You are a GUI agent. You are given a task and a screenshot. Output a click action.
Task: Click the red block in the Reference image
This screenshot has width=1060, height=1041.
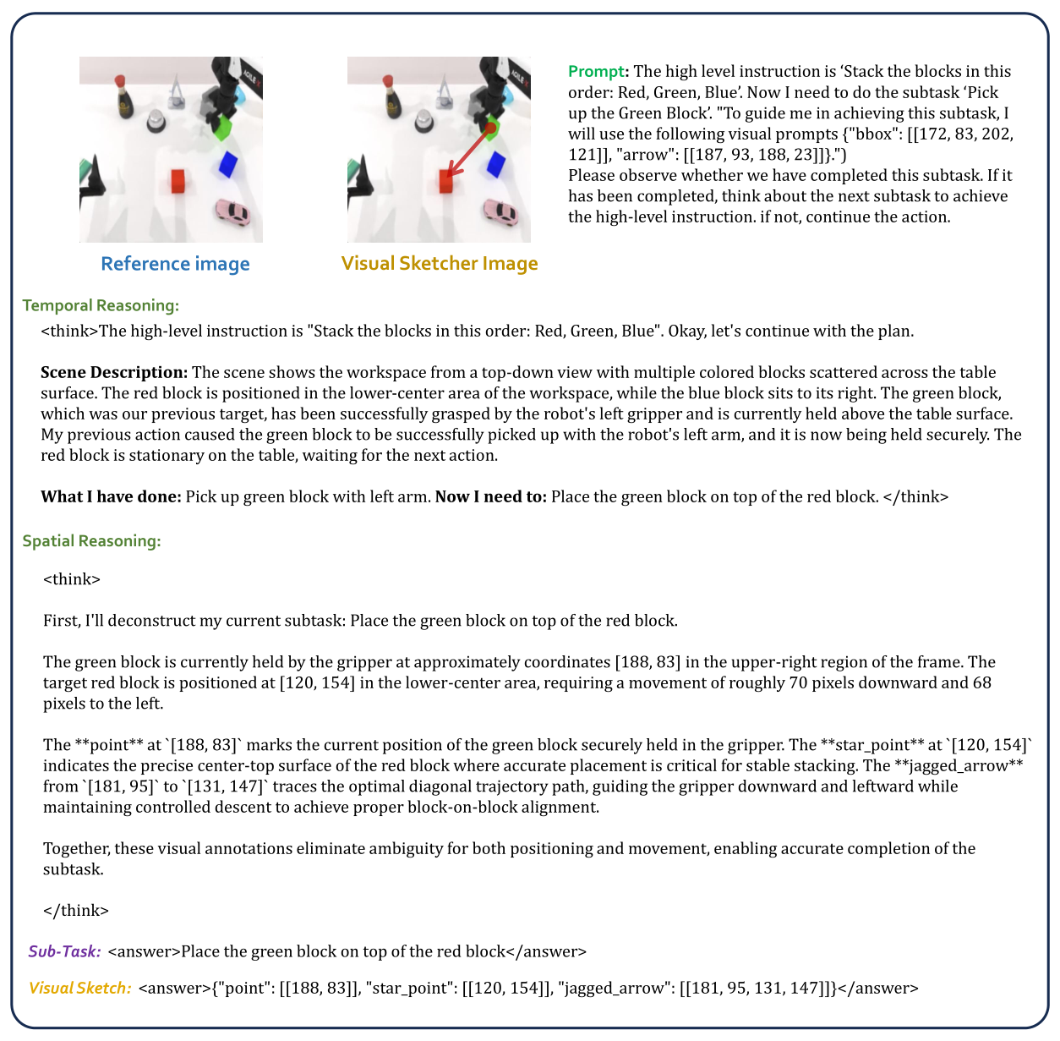tap(178, 181)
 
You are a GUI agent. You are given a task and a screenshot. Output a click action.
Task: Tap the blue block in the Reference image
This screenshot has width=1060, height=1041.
tap(227, 164)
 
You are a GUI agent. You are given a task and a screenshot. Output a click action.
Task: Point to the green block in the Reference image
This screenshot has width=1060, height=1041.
tap(222, 127)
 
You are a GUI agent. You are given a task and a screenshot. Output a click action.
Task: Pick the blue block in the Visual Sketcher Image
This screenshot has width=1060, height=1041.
tap(494, 164)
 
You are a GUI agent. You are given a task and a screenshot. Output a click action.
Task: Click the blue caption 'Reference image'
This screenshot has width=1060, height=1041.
tap(175, 264)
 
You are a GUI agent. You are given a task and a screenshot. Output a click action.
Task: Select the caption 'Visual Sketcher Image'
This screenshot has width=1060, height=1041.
tap(440, 264)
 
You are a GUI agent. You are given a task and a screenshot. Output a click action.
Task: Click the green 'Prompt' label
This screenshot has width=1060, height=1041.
tap(598, 72)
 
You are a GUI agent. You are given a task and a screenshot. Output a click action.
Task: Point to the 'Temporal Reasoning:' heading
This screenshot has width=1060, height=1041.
tap(101, 305)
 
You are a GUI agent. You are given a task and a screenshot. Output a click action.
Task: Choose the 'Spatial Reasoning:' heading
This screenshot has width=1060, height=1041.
tap(91, 540)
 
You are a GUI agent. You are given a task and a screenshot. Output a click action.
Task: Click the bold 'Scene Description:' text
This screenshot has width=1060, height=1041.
tap(114, 372)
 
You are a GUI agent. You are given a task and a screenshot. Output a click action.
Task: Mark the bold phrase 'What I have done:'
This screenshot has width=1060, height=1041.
tap(111, 496)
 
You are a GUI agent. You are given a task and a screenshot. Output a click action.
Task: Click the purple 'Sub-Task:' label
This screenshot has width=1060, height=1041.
tap(65, 951)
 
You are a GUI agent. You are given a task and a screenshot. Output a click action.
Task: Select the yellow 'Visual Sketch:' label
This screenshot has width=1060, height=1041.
tap(80, 988)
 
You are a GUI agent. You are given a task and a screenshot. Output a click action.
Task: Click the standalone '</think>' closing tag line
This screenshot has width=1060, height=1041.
tap(76, 911)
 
